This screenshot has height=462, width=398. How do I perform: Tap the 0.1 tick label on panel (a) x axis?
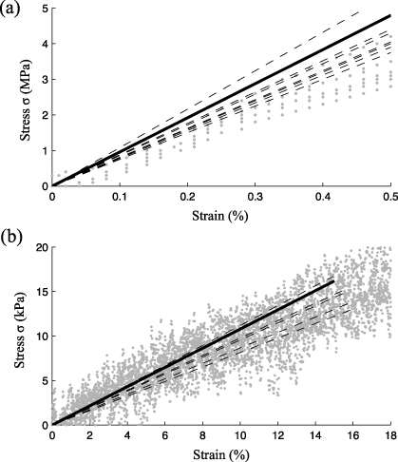point(120,196)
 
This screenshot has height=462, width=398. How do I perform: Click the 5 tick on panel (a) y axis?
point(44,9)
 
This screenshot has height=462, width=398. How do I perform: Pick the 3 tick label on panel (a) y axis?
point(44,80)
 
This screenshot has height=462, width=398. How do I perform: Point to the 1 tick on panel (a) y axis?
point(44,150)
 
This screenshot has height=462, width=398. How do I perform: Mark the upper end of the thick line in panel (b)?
point(334,281)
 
